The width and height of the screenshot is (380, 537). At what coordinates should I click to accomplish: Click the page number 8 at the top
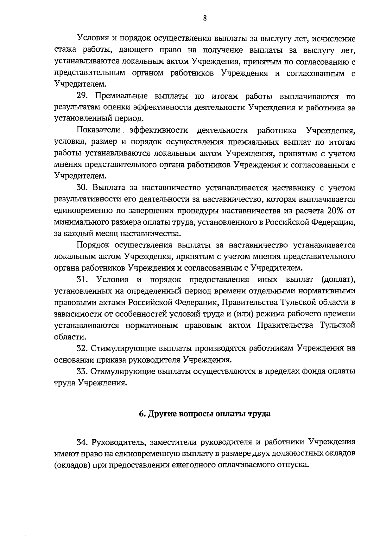tap(205, 18)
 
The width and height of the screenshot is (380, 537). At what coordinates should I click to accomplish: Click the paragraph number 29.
tap(83, 96)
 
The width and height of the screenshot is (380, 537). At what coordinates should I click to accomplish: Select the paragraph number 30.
tap(83, 188)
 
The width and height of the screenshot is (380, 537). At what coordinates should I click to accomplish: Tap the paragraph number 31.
tap(83, 279)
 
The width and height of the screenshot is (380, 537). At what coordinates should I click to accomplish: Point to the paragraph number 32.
tap(82, 348)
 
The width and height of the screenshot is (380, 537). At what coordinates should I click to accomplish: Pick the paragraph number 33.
tap(82, 371)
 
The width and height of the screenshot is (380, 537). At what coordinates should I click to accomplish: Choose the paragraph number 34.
tap(82, 442)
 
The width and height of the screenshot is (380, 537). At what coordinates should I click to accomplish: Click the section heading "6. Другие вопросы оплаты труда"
tap(205, 414)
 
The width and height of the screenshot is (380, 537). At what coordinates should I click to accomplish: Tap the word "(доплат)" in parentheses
tap(338, 279)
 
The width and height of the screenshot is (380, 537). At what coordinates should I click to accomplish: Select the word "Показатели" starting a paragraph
tap(98, 130)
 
